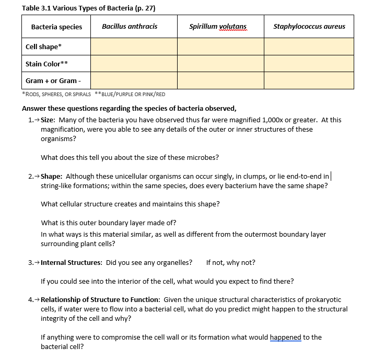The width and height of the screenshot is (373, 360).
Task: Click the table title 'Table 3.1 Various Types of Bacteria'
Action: (89, 8)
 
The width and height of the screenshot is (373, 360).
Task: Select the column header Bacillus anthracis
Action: (130, 27)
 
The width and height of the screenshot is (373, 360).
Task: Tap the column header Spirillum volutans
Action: (218, 27)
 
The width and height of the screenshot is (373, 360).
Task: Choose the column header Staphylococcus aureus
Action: (309, 27)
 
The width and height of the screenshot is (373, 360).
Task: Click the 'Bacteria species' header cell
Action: (56, 27)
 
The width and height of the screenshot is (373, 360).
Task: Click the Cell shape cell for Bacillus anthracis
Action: (133, 47)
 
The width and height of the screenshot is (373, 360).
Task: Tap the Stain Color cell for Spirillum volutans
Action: (220, 64)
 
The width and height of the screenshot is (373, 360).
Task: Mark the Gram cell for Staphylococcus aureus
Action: (309, 80)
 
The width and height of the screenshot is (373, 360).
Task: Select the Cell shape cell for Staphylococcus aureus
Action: (309, 47)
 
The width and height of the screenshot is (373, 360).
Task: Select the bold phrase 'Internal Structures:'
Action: (72, 262)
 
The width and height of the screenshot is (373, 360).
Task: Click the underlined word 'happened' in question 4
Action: (286, 337)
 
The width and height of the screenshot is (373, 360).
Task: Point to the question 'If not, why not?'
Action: (230, 262)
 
